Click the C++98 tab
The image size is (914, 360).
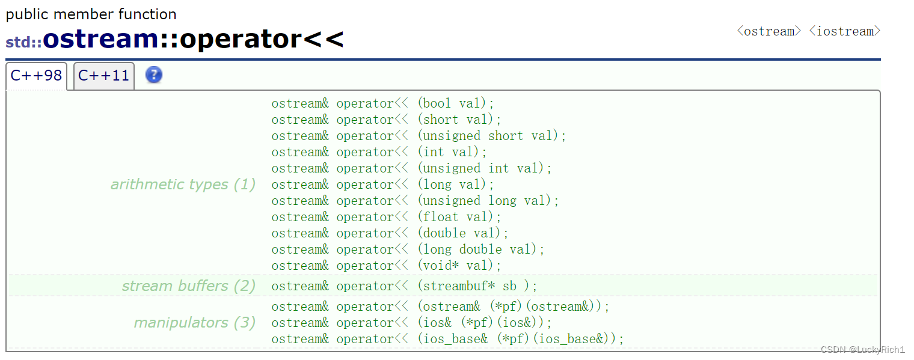point(36,76)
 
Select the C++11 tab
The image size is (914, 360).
point(103,76)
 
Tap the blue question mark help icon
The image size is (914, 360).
point(154,75)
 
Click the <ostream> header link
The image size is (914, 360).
point(769,31)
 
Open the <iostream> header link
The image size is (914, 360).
point(844,31)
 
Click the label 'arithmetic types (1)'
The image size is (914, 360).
point(183,185)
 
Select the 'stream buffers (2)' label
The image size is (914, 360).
point(189,286)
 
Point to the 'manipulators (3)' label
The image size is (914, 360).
point(194,323)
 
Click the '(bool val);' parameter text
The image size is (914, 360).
point(455,103)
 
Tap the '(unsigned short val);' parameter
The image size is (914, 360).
point(491,136)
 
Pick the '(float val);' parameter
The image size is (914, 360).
point(459,217)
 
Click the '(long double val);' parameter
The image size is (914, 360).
point(480,249)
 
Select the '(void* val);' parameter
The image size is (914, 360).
point(459,266)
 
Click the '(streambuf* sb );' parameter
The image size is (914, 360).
point(477,286)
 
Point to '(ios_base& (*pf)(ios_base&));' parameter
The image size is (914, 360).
point(520,339)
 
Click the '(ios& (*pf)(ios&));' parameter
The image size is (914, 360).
point(484,323)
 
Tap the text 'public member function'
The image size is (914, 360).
point(91,14)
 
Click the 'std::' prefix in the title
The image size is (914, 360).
point(23,43)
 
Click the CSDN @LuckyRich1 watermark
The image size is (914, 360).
point(862,350)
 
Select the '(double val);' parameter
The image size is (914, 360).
point(462,233)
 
